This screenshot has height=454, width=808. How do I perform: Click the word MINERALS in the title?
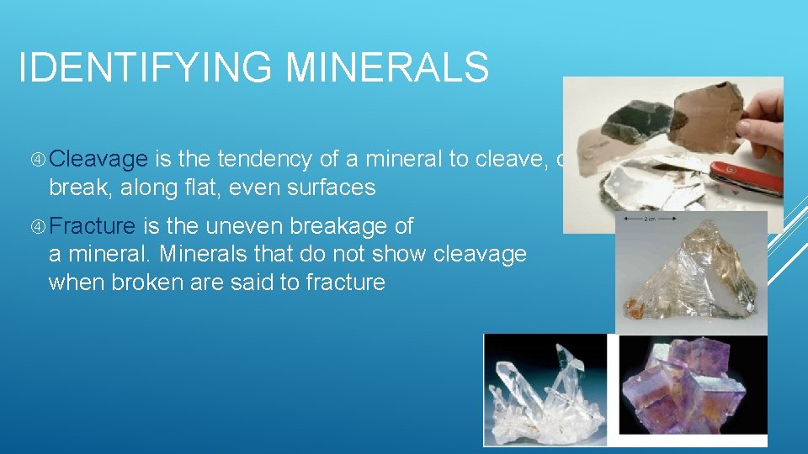point(387,67)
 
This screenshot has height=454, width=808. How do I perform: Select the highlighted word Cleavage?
point(104,160)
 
